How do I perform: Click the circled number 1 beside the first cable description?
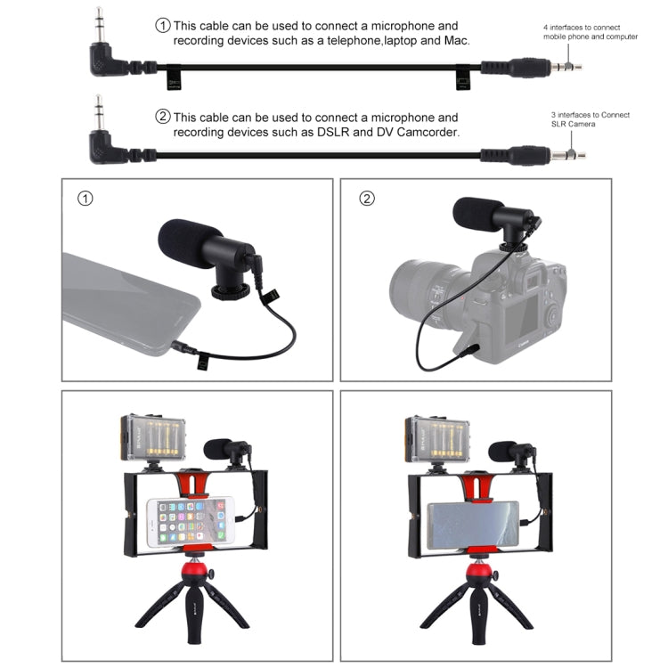[163, 26]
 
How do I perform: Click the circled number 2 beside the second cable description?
[163, 117]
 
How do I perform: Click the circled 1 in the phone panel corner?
[86, 198]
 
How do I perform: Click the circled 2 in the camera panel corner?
[367, 198]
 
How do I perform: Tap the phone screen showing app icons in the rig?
[184, 521]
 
